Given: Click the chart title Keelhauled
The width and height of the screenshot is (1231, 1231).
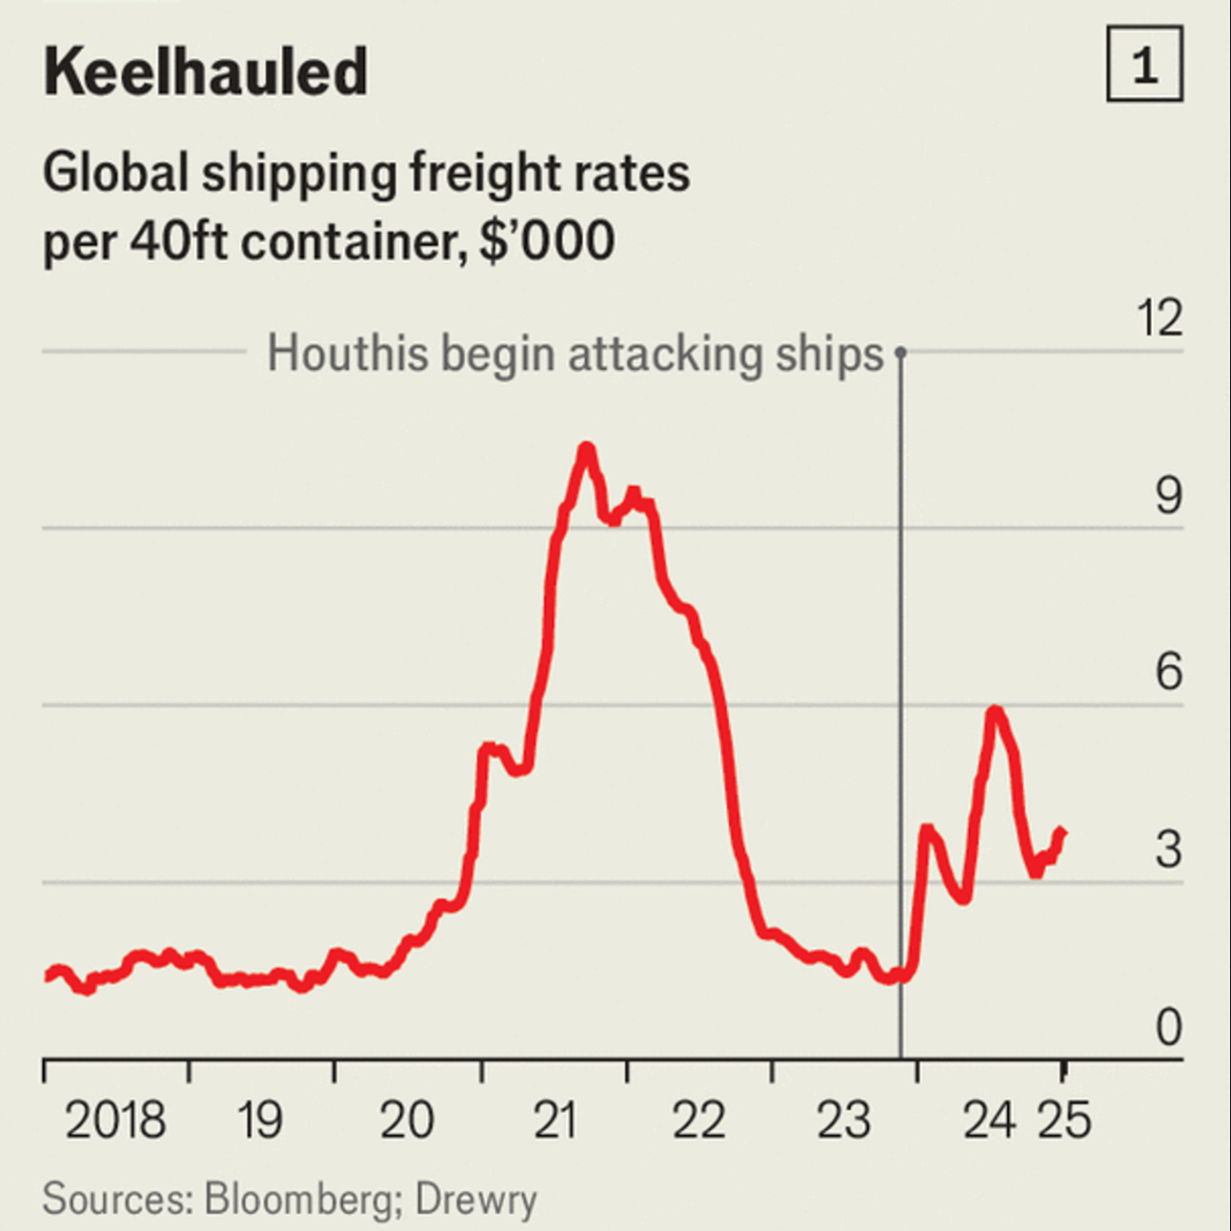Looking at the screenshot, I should pos(205,72).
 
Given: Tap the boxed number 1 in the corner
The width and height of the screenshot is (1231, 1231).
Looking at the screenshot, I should pos(1144,65).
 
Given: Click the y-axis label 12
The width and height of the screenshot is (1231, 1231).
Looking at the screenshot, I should pos(1159,318).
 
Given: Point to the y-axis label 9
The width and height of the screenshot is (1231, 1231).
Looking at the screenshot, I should pos(1168,496).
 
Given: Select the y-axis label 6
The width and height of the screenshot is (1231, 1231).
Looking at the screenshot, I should pos(1168,673).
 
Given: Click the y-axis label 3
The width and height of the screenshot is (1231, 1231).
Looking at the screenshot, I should pos(1168,850).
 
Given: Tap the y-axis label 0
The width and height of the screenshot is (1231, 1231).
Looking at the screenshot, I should pos(1168,1028).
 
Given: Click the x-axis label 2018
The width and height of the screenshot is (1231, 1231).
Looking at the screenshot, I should pos(115,1120).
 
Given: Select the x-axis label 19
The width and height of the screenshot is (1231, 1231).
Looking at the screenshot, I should pos(259,1120).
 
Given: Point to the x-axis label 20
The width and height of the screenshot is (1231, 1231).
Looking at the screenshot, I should pos(407,1120).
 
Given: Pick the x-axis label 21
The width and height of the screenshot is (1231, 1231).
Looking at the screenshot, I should pos(555,1120).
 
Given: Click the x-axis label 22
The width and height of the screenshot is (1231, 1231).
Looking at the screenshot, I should pos(698,1120).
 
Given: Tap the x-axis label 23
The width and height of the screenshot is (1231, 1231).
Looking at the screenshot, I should pos(843,1120).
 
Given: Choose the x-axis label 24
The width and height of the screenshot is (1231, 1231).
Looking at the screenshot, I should pos(989,1120).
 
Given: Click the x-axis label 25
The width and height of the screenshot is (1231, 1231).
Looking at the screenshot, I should pos(1064,1120).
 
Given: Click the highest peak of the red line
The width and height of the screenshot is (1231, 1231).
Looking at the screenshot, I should pos(586,448).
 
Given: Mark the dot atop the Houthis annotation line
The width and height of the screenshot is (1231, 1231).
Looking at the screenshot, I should pos(900,353).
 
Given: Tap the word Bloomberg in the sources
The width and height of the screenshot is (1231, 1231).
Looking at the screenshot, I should pos(297,1199).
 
